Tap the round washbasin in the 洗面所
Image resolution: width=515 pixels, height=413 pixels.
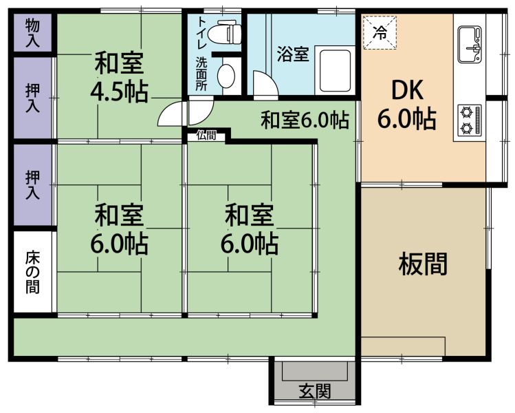pos(226,76)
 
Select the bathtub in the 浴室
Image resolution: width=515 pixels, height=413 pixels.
pos(335,70)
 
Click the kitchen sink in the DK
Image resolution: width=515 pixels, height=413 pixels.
pos(470,45)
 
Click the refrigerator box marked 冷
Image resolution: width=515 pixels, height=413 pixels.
pos(380,32)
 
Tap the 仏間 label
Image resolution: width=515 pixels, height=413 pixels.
pos(206,135)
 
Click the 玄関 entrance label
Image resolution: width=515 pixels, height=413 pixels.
pos(315,391)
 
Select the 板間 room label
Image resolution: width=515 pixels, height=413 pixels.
pos(423,264)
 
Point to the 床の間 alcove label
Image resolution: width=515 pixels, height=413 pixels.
pos(32,273)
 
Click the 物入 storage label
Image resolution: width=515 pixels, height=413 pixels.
pos(32,33)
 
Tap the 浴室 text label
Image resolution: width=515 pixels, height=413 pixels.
pos(293,54)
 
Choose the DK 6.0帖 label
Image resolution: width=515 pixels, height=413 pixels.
pos(407,105)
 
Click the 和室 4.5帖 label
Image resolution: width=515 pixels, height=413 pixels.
pos(119,78)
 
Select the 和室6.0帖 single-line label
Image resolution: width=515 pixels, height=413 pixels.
pos(305,120)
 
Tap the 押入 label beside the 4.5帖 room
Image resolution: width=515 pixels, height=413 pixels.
pos(32,98)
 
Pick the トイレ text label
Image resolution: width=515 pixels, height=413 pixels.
pos(201,32)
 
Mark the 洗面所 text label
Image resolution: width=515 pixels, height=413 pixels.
pos(201,74)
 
